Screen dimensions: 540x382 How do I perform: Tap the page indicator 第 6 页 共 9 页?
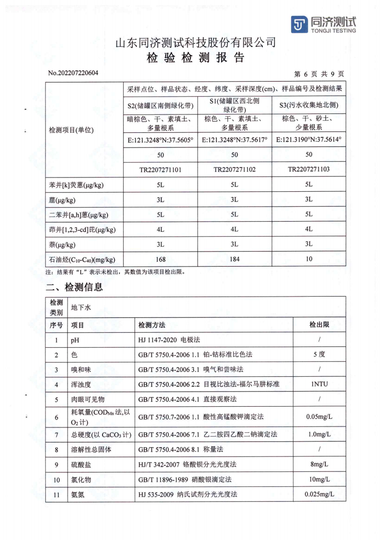point(319,74)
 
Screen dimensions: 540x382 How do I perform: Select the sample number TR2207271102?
point(235,170)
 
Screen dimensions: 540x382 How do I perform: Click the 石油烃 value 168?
point(161,259)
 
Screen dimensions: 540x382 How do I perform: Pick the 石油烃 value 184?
point(235,259)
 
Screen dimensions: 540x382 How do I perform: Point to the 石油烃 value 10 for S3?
point(309,259)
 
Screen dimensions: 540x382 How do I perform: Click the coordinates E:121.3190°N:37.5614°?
point(309,140)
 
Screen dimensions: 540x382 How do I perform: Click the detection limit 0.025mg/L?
point(319,494)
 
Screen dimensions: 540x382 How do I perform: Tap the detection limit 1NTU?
point(319,385)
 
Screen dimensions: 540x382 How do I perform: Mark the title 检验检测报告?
point(196,58)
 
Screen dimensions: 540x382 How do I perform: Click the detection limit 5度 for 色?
point(319,355)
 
